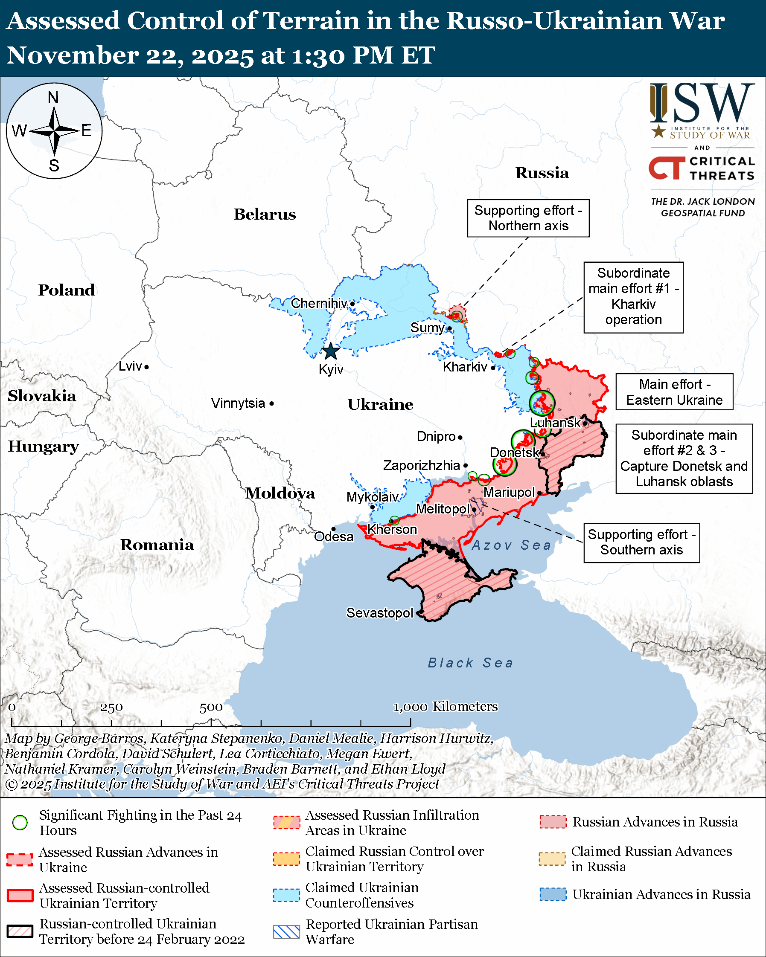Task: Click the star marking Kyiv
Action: (x=331, y=351)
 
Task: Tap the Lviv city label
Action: (x=130, y=366)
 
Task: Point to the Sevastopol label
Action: (x=380, y=612)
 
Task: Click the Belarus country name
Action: (x=265, y=215)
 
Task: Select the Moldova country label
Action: (x=280, y=493)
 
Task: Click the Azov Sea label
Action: (x=511, y=545)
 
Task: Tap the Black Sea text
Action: (x=470, y=663)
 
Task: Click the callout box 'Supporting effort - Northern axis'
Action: (x=528, y=218)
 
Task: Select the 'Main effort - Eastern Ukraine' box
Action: (x=674, y=391)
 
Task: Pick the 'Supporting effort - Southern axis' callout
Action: (x=641, y=542)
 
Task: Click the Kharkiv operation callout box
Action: (x=633, y=296)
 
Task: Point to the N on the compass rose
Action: (x=53, y=98)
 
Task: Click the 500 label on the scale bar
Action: (x=210, y=707)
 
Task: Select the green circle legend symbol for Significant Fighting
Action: (x=20, y=823)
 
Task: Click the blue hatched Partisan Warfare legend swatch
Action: (x=286, y=932)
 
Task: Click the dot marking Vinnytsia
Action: (x=272, y=403)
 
